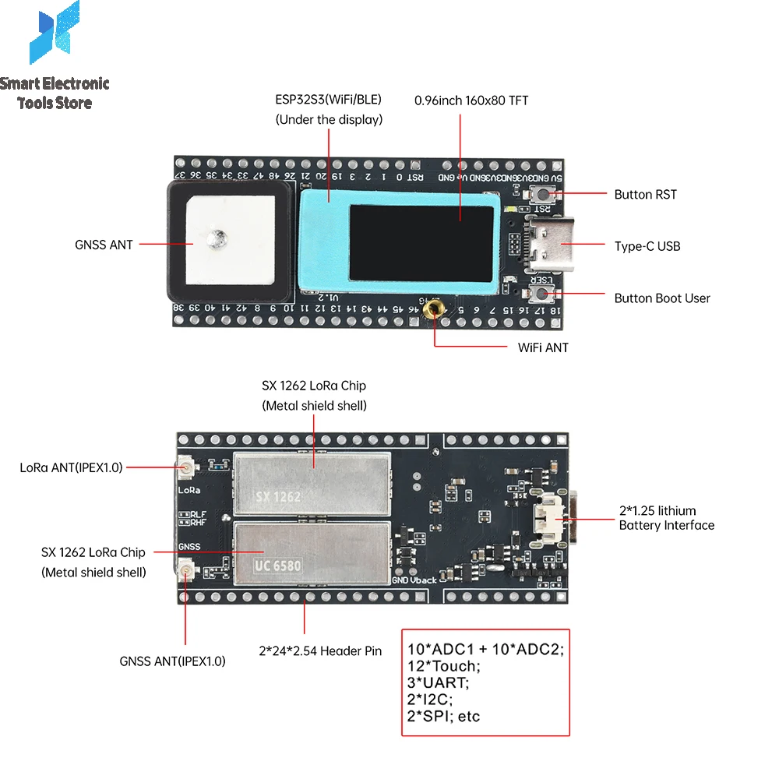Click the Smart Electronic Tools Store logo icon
[x=54, y=33]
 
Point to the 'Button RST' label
[x=645, y=195]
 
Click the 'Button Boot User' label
[x=662, y=298]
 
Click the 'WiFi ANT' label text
[x=543, y=347]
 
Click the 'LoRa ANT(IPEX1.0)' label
[x=71, y=468]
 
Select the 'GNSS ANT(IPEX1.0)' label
[x=172, y=661]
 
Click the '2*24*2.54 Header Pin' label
[x=320, y=650]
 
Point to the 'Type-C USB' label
[x=647, y=246]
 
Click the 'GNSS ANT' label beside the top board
[x=104, y=245]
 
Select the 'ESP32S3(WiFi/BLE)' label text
[x=329, y=100]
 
